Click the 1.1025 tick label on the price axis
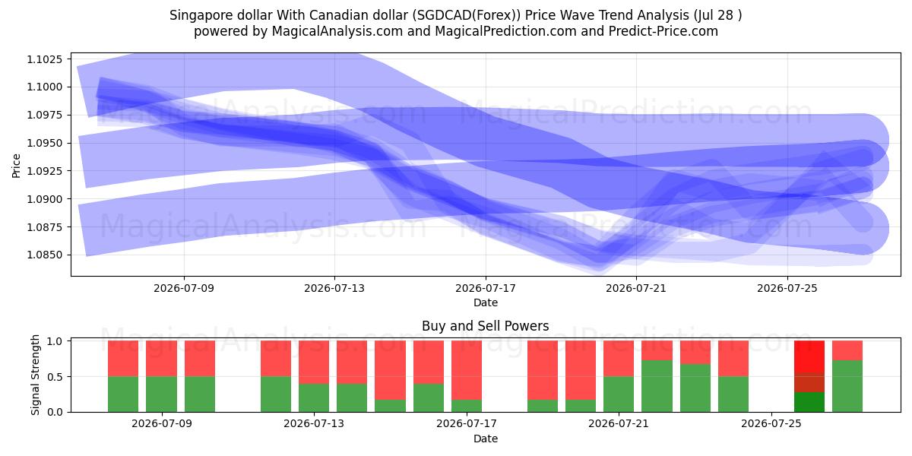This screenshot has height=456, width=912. pyautogui.click(x=44, y=59)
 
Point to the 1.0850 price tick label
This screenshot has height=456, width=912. pyautogui.click(x=44, y=255)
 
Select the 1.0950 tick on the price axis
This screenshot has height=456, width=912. pyautogui.click(x=44, y=144)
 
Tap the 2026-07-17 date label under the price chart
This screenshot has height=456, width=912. pyautogui.click(x=486, y=288)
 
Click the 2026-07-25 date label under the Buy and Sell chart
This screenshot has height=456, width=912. pyautogui.click(x=771, y=424)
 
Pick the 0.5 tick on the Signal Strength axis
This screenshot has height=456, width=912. pyautogui.click(x=55, y=377)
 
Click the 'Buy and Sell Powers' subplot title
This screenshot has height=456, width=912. pyautogui.click(x=486, y=326)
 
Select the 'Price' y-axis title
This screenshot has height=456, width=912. pyautogui.click(x=16, y=166)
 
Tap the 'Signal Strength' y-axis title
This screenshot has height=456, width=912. pyautogui.click(x=36, y=375)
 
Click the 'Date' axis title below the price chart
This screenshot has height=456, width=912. pyautogui.click(x=486, y=302)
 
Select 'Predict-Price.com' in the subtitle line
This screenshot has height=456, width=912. pyautogui.click(x=663, y=31)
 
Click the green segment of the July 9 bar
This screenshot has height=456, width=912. pyautogui.click(x=161, y=394)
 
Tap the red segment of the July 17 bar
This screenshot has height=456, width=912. pyautogui.click(x=467, y=371)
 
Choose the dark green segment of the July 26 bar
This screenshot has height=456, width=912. pyautogui.click(x=809, y=402)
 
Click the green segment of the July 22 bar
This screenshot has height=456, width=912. pyautogui.click(x=657, y=386)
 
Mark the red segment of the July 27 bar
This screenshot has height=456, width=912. pyautogui.click(x=847, y=350)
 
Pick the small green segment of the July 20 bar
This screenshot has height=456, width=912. pyautogui.click(x=581, y=406)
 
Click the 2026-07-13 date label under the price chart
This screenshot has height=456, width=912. pyautogui.click(x=334, y=288)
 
